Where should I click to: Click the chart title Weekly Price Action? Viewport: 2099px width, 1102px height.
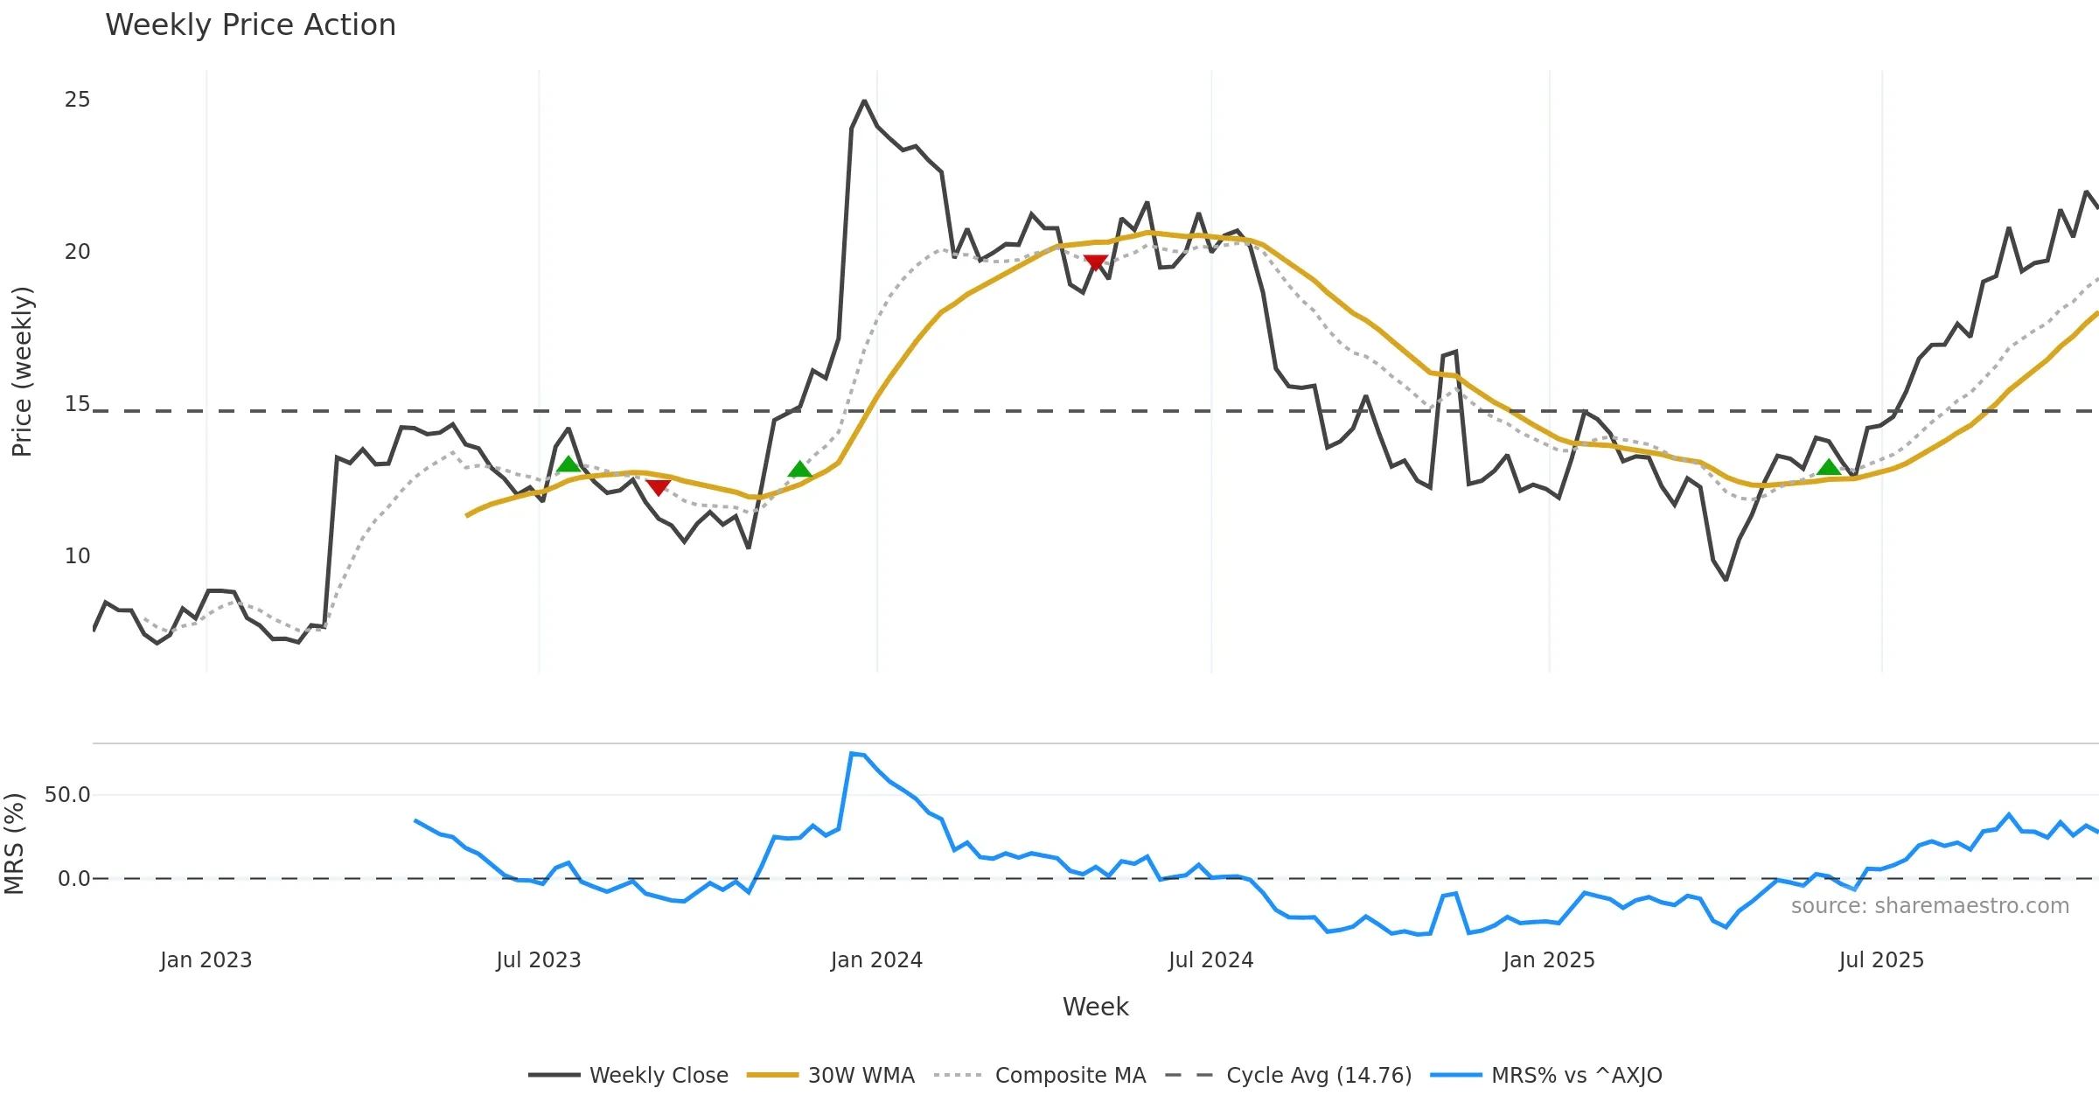(250, 25)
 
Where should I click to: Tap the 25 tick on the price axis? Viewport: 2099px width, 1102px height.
(77, 100)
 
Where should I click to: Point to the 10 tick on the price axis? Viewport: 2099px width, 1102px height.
(77, 556)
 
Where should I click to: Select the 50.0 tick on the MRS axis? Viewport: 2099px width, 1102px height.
(67, 795)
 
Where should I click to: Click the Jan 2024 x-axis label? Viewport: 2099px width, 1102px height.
(876, 960)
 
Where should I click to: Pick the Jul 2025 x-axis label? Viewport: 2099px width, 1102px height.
(1881, 960)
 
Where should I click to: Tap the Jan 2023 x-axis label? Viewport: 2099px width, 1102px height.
(206, 960)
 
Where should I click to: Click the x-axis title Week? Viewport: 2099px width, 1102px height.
(1095, 1008)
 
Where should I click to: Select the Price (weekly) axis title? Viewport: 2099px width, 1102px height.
(22, 372)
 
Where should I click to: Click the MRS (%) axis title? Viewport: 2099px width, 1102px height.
(14, 844)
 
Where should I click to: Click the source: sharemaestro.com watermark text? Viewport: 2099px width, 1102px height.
(1929, 906)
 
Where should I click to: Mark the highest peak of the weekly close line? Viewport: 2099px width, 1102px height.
(864, 101)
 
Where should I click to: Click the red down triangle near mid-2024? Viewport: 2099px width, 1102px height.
(1095, 262)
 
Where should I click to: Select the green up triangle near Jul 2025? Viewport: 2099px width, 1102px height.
(1828, 468)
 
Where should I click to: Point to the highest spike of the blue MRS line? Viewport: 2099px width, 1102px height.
(852, 753)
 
